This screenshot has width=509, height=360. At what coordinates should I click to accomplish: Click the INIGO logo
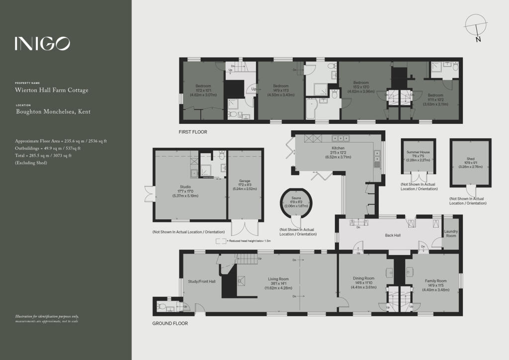pos(42,44)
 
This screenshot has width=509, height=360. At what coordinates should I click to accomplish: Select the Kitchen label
pos(338,148)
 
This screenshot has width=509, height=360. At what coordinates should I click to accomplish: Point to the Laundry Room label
pos(451,233)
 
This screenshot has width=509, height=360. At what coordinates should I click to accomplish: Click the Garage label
pos(244,181)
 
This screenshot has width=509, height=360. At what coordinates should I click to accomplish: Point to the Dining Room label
pos(362,278)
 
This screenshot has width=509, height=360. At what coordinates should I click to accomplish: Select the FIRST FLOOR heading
pos(193,132)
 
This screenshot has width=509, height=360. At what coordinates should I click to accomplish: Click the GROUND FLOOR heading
pos(170,323)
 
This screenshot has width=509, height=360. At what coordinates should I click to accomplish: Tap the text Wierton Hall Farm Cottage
pos(52,90)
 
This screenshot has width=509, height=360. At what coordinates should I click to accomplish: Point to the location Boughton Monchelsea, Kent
pos(53,112)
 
